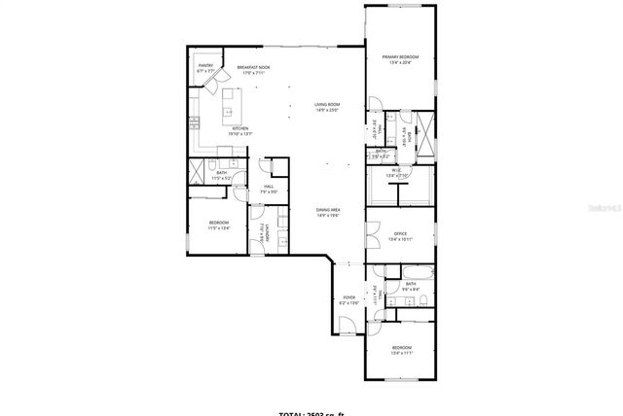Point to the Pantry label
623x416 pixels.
pyautogui.click(x=205, y=68)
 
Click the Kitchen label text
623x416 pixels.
pyautogui.click(x=240, y=129)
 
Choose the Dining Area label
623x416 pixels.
pyautogui.click(x=327, y=213)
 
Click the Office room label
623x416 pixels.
pyautogui.click(x=399, y=235)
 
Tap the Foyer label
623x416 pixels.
pyautogui.click(x=348, y=300)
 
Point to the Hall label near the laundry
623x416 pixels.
pyautogui.click(x=269, y=189)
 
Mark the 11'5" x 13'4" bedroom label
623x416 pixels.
pyautogui.click(x=218, y=225)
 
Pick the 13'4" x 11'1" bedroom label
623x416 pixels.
pyautogui.click(x=402, y=350)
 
